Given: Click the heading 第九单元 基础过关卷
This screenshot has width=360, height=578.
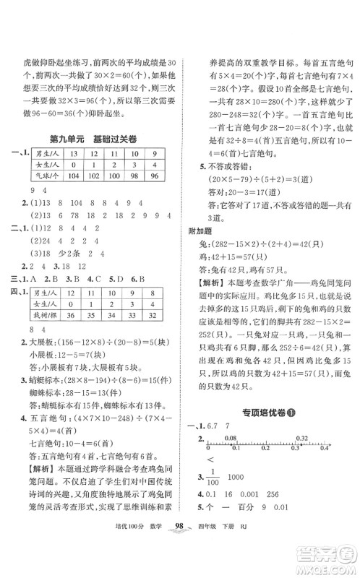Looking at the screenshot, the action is (x=95, y=139).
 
